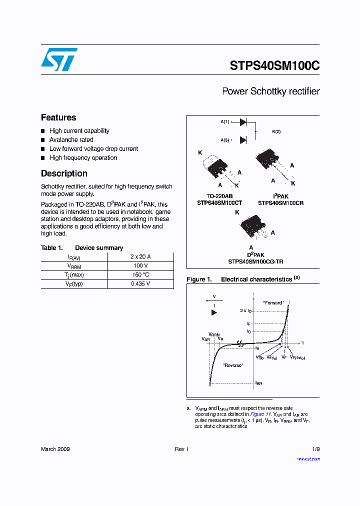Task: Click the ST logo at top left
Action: point(59,60)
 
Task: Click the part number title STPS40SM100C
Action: point(274,66)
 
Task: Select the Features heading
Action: point(58,117)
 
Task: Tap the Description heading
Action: point(64,173)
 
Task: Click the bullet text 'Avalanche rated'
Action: point(71,140)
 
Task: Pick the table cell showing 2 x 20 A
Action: point(140,256)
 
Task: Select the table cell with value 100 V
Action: point(140,265)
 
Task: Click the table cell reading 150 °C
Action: point(140,274)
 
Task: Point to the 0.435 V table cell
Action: point(140,284)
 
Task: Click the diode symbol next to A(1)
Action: point(243,122)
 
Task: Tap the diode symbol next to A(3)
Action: point(243,140)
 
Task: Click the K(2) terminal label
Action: point(276,131)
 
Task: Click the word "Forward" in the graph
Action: point(273,303)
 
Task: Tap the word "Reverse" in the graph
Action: point(232,365)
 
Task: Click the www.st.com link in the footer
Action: point(308,458)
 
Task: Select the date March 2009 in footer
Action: point(55,449)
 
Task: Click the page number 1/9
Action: point(315,449)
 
